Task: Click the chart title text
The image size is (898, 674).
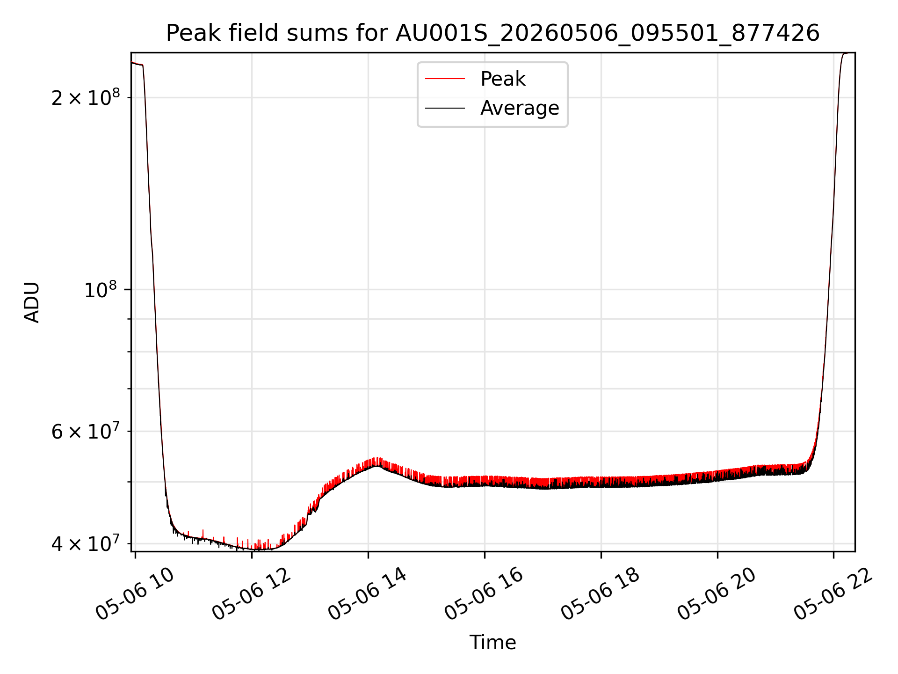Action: pos(492,33)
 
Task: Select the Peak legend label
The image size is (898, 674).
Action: pos(503,79)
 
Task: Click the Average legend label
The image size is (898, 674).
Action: pos(520,108)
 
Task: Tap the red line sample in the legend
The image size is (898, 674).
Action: pos(445,79)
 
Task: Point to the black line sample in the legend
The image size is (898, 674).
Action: pos(445,108)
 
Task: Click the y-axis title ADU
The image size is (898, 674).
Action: pos(32,302)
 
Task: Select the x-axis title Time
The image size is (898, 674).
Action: pos(492,642)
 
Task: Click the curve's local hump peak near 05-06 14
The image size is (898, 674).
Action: pos(377,466)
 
